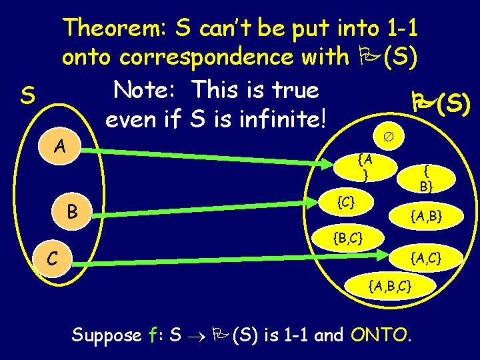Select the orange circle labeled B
(x=74, y=212)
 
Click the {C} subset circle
(x=345, y=200)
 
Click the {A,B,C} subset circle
(x=391, y=286)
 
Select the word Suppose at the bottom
(x=107, y=335)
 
